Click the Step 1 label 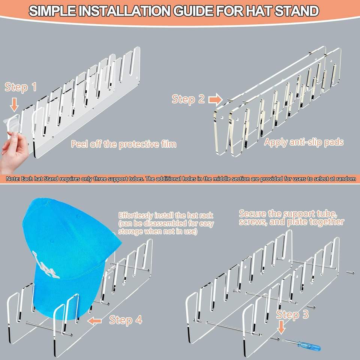[x=21, y=87]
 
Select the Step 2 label [x=188, y=99]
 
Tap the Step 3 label [x=292, y=314]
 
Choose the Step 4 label [x=126, y=320]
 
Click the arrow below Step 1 [x=15, y=105]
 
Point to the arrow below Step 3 [x=281, y=327]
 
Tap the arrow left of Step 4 [x=94, y=321]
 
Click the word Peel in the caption [x=79, y=144]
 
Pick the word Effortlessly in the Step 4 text [x=136, y=215]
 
